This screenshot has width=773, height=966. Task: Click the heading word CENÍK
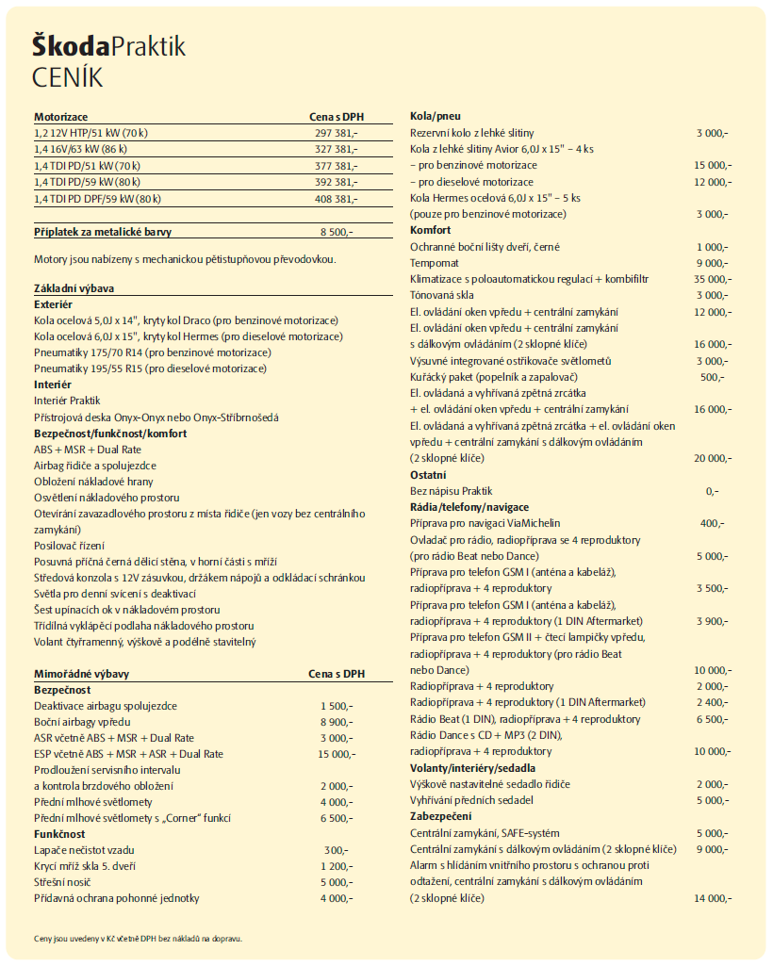pos(68,76)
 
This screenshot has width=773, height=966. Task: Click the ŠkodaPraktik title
pos(108,46)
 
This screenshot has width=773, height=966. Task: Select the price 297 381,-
pos(336,133)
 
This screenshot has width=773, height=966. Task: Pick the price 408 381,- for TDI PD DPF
pos(336,198)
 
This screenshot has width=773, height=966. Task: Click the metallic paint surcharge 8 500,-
pos(337,231)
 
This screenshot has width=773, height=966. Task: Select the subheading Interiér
pos(53,385)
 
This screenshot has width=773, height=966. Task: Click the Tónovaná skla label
pos(440,295)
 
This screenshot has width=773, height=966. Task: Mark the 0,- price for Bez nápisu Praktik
pos(712,491)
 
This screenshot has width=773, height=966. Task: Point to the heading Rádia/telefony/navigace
pos(469,507)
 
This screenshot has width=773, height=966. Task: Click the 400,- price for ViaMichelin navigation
pos(713,523)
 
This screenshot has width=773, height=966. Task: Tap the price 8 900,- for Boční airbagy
pos(337,721)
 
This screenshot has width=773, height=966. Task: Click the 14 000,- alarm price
pos(712,898)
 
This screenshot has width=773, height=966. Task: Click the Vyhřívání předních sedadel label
pos(471,800)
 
